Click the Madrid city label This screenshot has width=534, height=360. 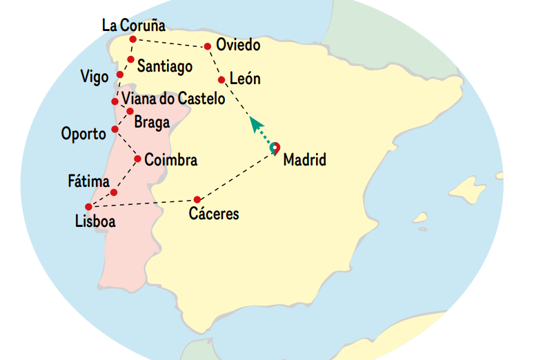(x=304, y=160)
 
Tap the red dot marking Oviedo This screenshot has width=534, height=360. (x=208, y=47)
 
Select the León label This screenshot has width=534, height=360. (x=245, y=79)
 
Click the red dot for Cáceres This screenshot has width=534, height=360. (x=197, y=199)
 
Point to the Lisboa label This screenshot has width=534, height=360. (x=95, y=221)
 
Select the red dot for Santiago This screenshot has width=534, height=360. (x=130, y=59)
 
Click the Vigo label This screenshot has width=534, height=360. (x=95, y=77)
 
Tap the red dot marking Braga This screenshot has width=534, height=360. (x=130, y=111)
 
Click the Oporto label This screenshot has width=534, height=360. (x=83, y=132)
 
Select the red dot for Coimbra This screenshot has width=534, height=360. (x=137, y=159)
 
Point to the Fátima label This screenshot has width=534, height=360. (x=88, y=182)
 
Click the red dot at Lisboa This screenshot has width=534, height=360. (x=88, y=207)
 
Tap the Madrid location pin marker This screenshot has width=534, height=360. (x=275, y=148)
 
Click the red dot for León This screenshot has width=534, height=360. (x=221, y=80)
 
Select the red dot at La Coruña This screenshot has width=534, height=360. (x=132, y=39)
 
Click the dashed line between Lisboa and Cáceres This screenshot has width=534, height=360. (x=145, y=203)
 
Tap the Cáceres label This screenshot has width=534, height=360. (x=214, y=214)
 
